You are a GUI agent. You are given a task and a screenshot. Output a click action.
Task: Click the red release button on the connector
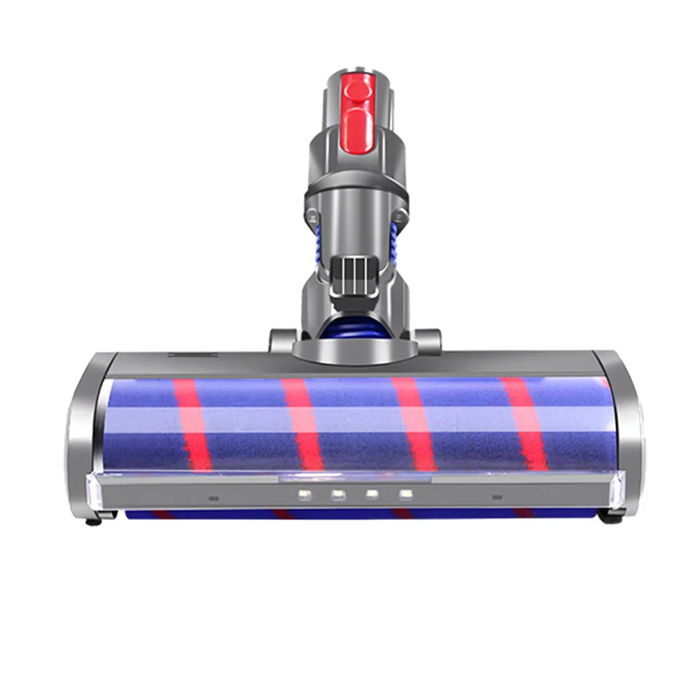pos(357,108)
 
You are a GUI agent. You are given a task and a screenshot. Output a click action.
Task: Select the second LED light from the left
pos(338,495)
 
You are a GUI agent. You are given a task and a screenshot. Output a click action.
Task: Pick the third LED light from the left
pos(371,495)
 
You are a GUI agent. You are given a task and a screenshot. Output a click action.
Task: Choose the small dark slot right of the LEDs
pos(497,498)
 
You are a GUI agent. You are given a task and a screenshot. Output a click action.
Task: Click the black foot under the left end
pos(91,521)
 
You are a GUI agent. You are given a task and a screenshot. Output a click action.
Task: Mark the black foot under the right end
pos(606,521)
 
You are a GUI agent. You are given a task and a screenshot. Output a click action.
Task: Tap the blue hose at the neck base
pos(356,329)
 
